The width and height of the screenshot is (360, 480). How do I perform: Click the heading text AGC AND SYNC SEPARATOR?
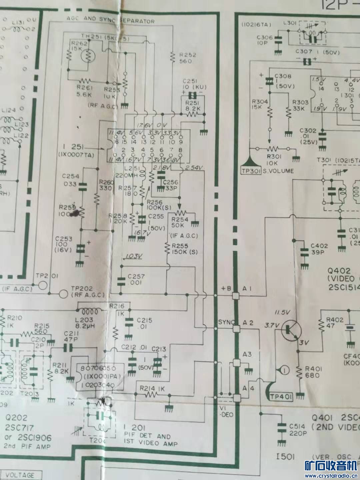click(x=111, y=20)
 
